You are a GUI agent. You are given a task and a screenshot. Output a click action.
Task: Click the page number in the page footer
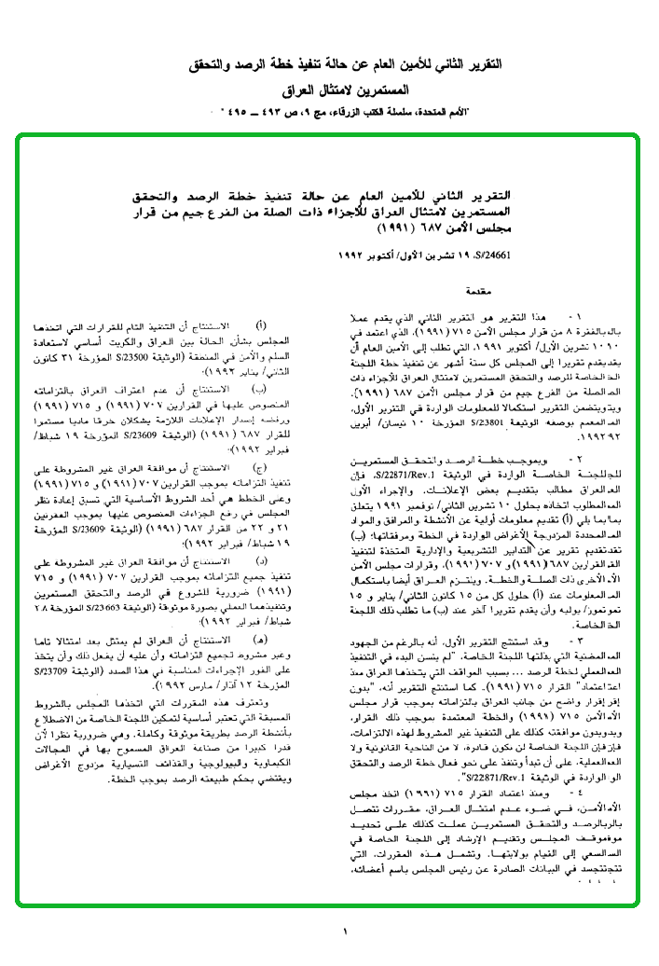tap(345, 931)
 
